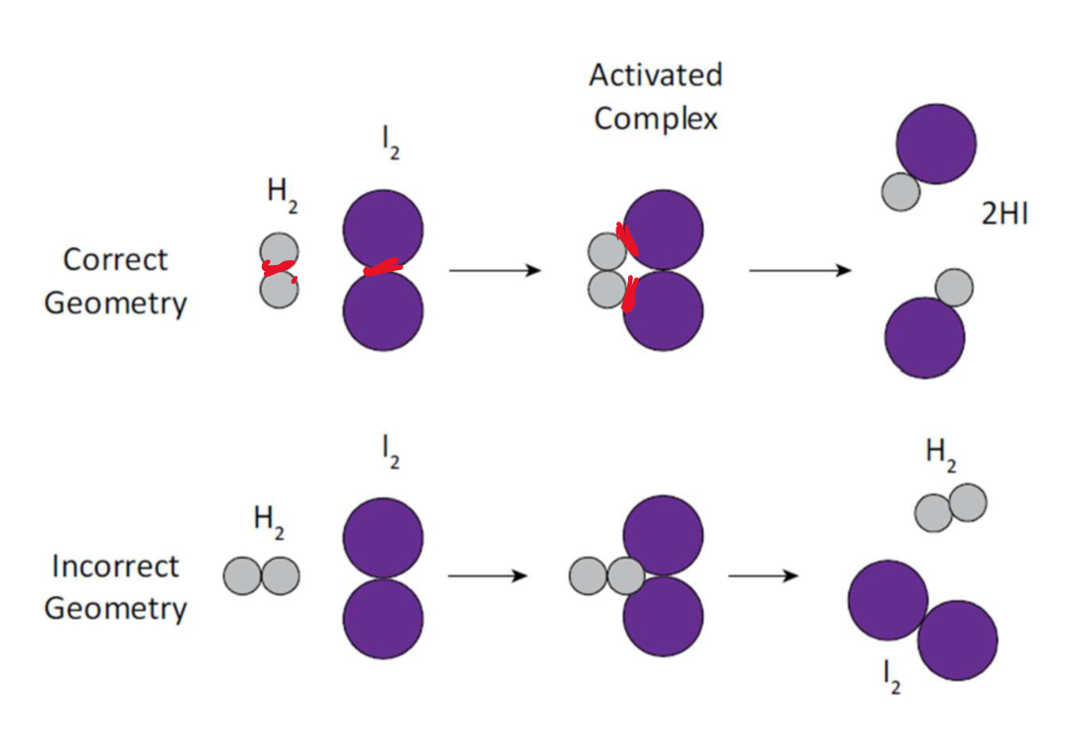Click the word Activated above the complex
pos(656,76)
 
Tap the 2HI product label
pos(1004,215)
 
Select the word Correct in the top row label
pos(115,260)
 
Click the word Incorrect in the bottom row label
pos(115,567)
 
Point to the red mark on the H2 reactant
pos(280,268)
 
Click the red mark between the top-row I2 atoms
pos(382,267)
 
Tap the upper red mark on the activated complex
pos(626,239)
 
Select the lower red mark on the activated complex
pos(630,293)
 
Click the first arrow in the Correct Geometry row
pos(494,270)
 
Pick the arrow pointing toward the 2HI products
pos(800,270)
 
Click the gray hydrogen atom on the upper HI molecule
pos(900,191)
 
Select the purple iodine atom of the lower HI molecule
pos(925,337)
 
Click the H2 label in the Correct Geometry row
pos(283,193)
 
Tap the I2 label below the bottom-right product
pos(892,677)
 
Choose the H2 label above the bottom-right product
pos(940,455)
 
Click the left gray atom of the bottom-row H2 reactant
pos(243,576)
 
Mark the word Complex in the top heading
pos(656,119)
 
